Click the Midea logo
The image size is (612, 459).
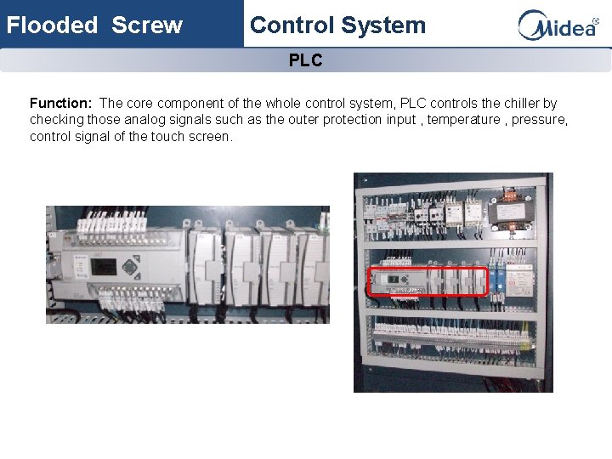tap(558, 25)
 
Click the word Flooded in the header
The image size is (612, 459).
tap(53, 25)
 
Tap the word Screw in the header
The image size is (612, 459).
tap(147, 25)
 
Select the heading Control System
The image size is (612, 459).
tap(337, 25)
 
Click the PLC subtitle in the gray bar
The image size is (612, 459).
tap(305, 61)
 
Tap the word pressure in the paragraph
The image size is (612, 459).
tap(540, 120)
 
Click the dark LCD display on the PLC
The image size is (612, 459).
tap(104, 267)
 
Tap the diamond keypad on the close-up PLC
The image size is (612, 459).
tap(130, 266)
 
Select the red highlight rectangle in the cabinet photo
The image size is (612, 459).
tap(428, 281)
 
